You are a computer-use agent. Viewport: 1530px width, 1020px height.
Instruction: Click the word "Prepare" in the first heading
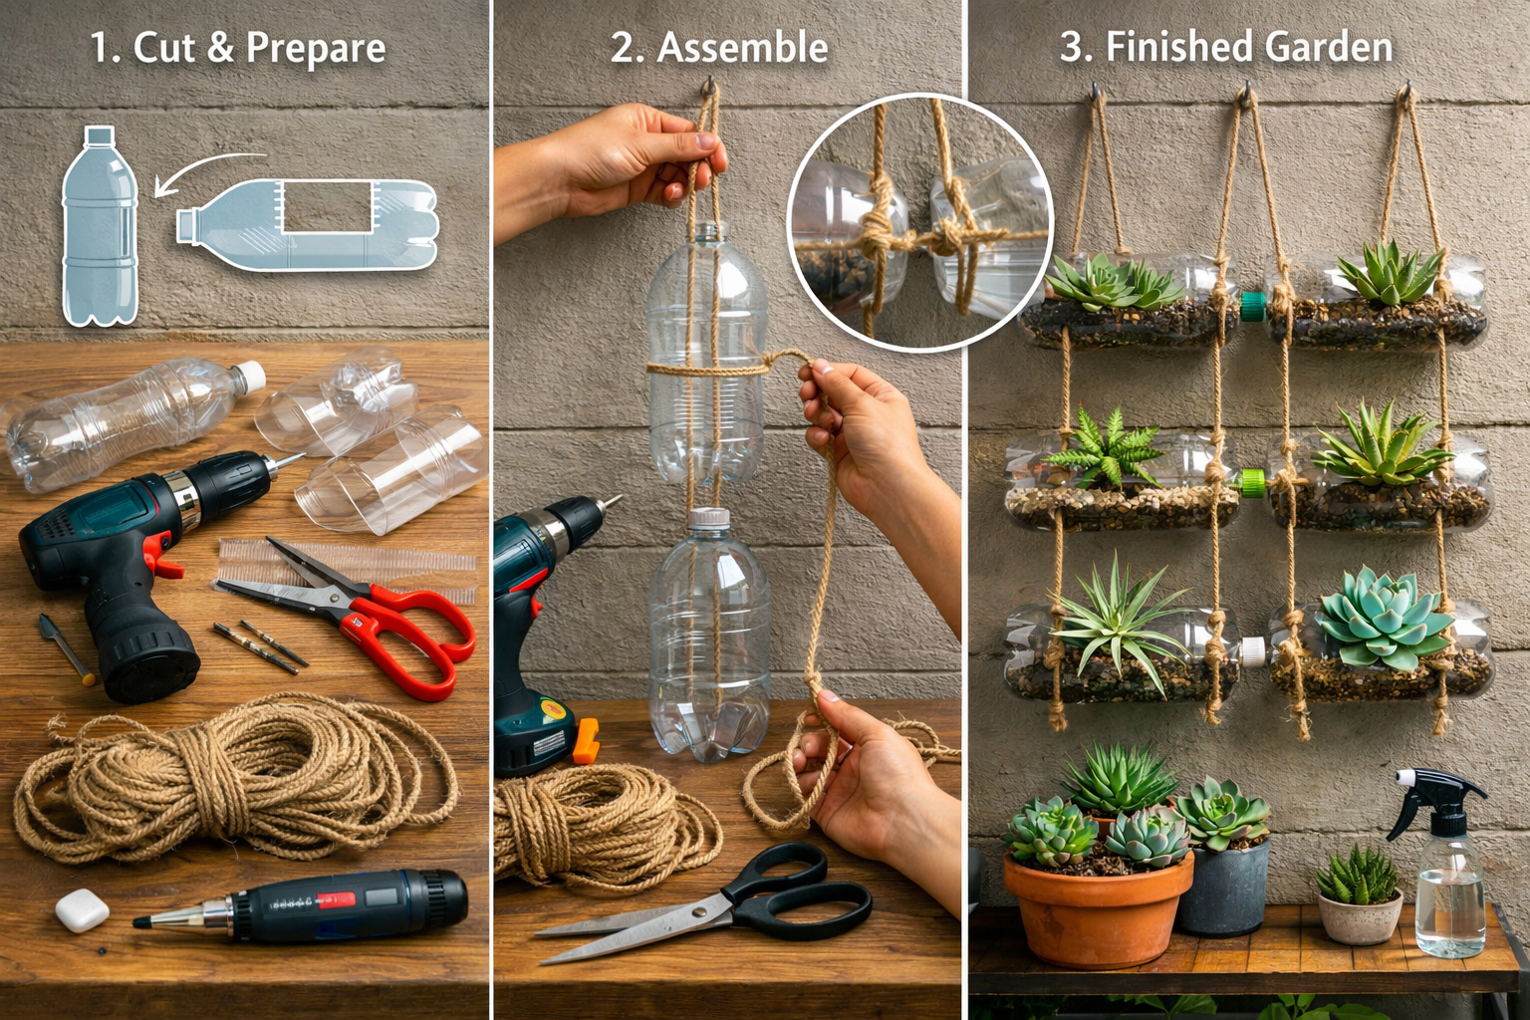[x=316, y=49]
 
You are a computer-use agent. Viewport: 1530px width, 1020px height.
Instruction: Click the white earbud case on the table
[x=82, y=910]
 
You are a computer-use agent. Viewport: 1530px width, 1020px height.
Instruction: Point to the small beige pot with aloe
[x=1360, y=916]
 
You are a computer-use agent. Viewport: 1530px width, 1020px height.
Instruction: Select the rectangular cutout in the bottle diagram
[x=327, y=206]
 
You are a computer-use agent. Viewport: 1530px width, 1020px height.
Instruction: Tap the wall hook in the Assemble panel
[x=710, y=86]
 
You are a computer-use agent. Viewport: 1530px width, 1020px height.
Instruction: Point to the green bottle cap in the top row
[x=1253, y=306]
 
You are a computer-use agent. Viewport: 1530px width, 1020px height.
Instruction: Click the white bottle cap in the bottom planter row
[x=1254, y=651]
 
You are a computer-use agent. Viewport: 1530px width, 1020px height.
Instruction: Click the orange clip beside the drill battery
[x=586, y=740]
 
